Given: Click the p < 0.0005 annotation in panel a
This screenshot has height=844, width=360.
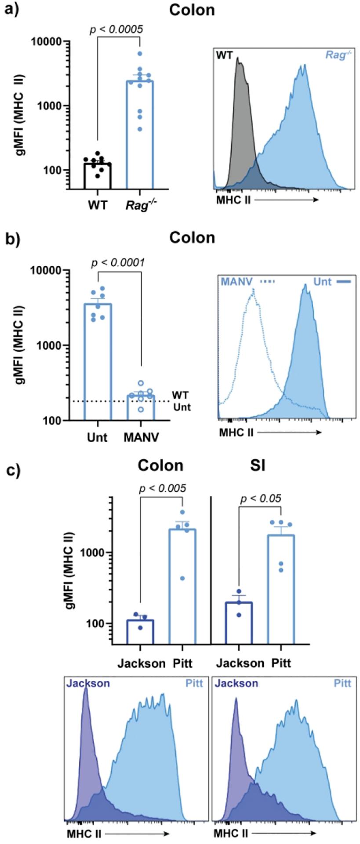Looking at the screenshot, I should (116, 29).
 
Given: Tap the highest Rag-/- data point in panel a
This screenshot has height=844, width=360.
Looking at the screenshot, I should (140, 54).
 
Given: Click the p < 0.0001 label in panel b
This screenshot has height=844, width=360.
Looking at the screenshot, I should (118, 262).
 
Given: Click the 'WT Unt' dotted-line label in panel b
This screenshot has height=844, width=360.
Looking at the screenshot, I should (181, 400).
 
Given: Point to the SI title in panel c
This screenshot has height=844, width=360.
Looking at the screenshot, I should (257, 465).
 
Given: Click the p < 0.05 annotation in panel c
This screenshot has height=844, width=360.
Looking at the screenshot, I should (261, 498).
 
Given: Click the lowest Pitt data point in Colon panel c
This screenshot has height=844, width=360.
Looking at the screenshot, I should (182, 578).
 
